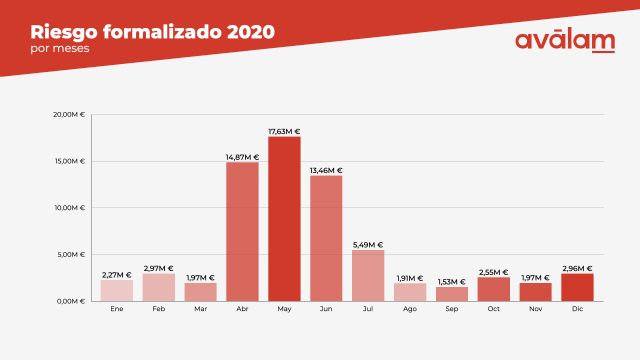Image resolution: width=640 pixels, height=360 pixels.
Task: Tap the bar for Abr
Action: tap(242, 231)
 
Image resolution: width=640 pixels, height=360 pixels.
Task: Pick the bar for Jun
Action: tap(326, 238)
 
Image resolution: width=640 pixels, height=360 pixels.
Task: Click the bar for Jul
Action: tap(368, 275)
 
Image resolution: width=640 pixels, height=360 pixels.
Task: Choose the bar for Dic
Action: tap(577, 287)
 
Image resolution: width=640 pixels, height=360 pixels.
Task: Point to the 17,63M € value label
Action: tap(284, 131)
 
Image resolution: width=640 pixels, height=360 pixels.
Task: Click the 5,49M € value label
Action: tap(368, 245)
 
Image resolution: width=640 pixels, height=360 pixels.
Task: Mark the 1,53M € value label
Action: tap(452, 282)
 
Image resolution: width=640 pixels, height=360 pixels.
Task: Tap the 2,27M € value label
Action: tap(117, 274)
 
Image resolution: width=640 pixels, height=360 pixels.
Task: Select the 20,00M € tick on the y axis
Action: tap(70, 115)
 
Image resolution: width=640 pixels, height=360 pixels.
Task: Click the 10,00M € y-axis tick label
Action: tap(70, 208)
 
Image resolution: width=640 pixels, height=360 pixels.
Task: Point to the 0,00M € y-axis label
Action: tap(72, 301)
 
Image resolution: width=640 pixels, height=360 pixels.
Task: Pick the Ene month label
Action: tap(117, 310)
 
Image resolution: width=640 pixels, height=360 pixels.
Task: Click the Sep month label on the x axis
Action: tap(452, 310)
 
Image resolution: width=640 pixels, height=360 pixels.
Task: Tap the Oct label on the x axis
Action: tap(494, 310)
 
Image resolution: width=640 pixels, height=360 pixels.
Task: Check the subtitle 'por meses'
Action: tap(53, 48)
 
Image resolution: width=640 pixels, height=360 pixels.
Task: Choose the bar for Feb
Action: tap(159, 287)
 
